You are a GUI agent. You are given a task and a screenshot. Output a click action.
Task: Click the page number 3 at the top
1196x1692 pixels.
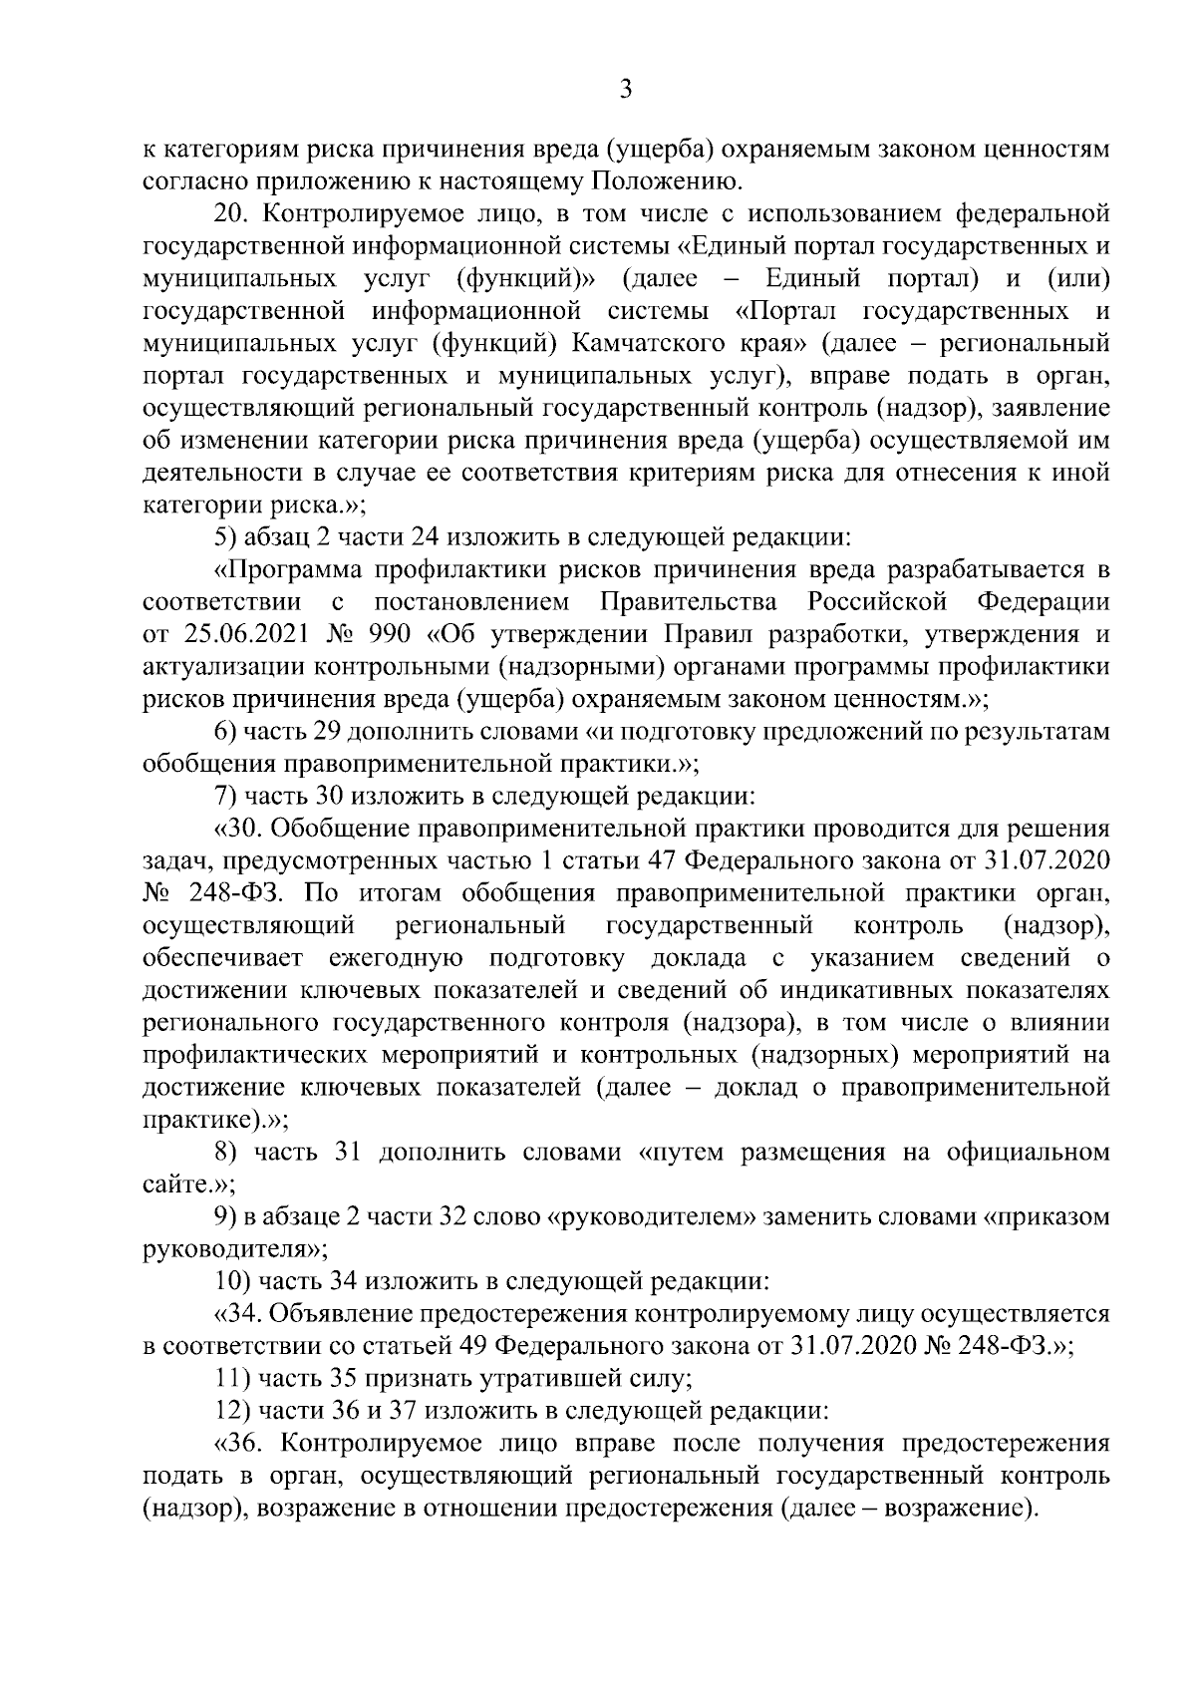click(625, 91)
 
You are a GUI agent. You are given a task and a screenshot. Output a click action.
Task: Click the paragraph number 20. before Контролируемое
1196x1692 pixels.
click(233, 212)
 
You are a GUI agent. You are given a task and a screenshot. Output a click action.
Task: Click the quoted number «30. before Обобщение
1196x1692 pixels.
click(236, 829)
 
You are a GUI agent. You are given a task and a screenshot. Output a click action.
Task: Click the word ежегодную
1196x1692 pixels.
click(396, 958)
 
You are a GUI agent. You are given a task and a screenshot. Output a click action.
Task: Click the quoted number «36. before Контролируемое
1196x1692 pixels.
click(236, 1445)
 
